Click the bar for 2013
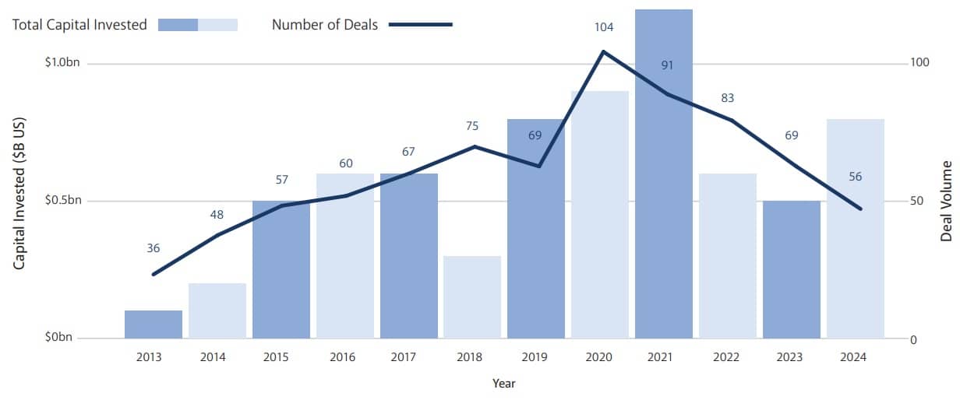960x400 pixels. pos(154,325)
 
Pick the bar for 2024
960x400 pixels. pos(856,229)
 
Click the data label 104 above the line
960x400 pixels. pos(604,27)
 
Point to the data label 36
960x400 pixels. pos(154,248)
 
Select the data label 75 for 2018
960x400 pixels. pos(472,126)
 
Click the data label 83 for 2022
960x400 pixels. pos(728,98)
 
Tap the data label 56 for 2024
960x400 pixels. pos(856,177)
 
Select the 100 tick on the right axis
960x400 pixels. pos(921,62)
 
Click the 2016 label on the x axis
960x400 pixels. pos(343,357)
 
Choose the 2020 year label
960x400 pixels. pos(598,357)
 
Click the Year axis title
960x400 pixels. pos(503,384)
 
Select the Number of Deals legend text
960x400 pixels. pos(325,25)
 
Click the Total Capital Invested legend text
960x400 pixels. pos(79,25)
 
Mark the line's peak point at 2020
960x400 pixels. pos(603,51)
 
